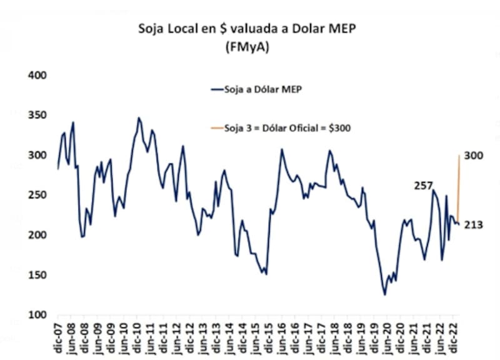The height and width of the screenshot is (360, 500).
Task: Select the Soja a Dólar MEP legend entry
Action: tap(257, 89)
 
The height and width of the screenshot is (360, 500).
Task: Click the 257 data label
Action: tap(423, 185)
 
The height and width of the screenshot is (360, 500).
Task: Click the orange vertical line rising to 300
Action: tap(459, 187)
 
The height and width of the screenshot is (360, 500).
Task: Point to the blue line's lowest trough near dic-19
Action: tap(385, 294)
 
